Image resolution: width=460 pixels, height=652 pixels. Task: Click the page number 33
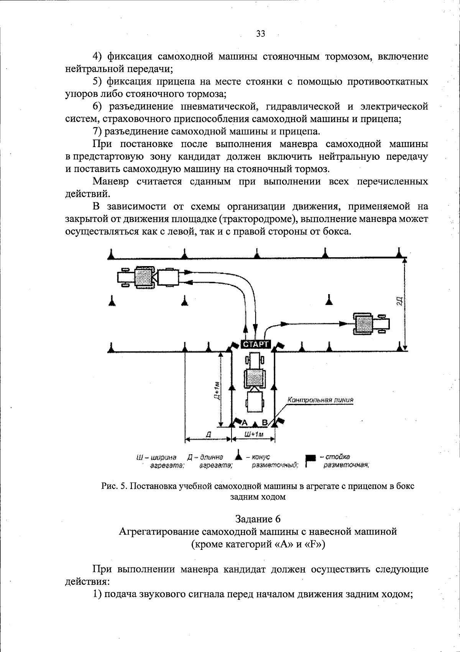261,34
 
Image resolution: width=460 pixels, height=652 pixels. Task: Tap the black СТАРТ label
255,344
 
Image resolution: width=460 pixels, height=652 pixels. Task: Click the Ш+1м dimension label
253,434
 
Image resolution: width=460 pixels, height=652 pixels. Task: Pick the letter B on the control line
264,423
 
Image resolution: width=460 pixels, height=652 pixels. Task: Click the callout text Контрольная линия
320,400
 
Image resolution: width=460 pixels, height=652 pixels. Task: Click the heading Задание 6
258,519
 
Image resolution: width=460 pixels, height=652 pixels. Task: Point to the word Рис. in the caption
110,486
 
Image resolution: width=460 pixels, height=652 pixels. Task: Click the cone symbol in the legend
238,457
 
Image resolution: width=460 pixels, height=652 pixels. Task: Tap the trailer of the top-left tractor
168,277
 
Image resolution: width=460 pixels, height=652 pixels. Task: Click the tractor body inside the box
254,378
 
